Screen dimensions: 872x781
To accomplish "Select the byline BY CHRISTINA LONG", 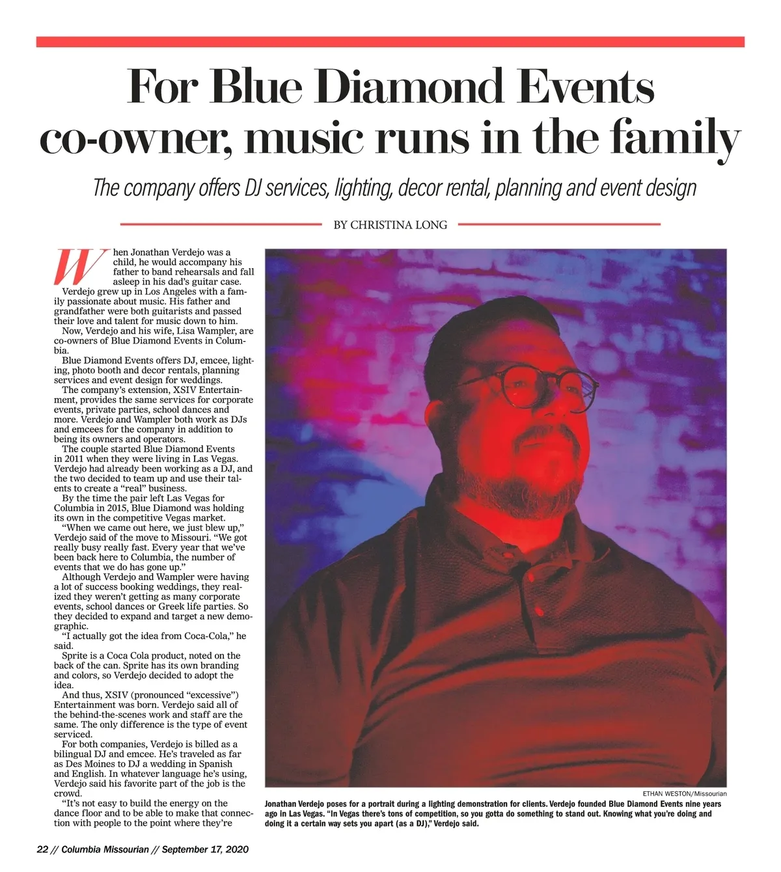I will point(390,225).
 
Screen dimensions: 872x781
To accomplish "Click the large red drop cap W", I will point(80,267).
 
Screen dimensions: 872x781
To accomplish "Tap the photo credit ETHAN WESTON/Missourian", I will point(684,794).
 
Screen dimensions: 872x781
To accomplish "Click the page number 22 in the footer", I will point(43,849).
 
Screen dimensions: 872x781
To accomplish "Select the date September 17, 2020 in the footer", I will point(205,849).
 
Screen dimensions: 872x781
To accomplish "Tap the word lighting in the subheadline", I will point(362,189).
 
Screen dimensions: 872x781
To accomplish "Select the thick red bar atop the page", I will point(390,42).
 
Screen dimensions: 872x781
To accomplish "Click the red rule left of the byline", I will point(221,225).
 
